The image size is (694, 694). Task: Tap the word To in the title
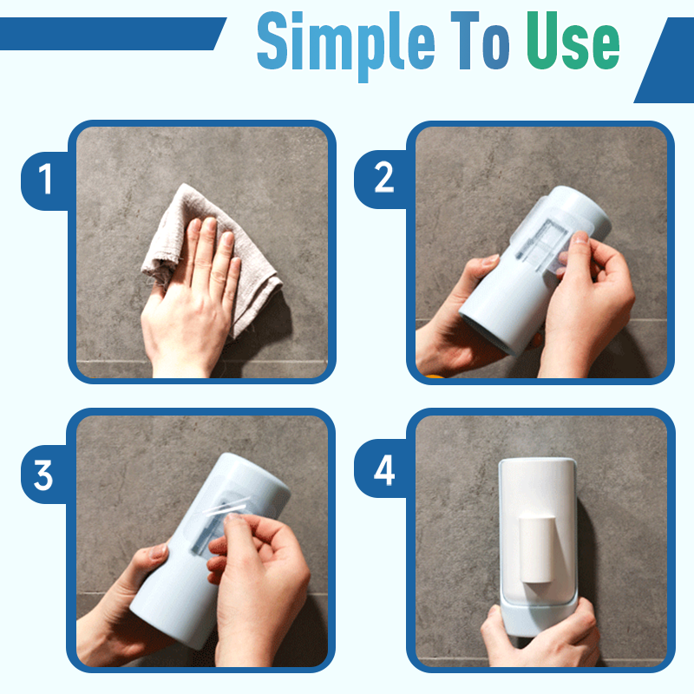[x=481, y=41]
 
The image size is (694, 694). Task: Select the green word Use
[x=573, y=41]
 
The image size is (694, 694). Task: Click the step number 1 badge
[x=45, y=180]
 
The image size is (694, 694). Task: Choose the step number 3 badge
[x=44, y=474]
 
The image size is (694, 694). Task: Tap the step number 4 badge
[x=383, y=469]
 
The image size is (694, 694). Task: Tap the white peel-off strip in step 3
[x=226, y=506]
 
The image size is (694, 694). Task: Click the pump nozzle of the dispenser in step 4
[x=536, y=548]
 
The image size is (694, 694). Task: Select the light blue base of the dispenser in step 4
[x=539, y=618]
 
